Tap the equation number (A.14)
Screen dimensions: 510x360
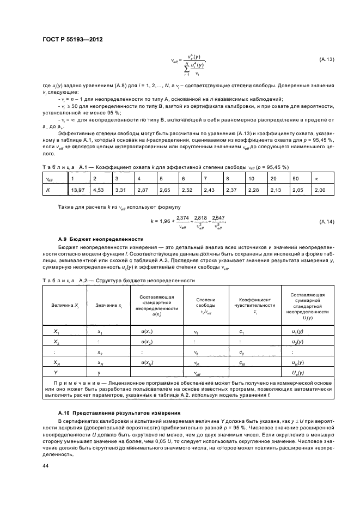(325, 222)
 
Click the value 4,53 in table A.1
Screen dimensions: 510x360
(98, 190)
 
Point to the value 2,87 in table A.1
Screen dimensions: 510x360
(143, 190)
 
